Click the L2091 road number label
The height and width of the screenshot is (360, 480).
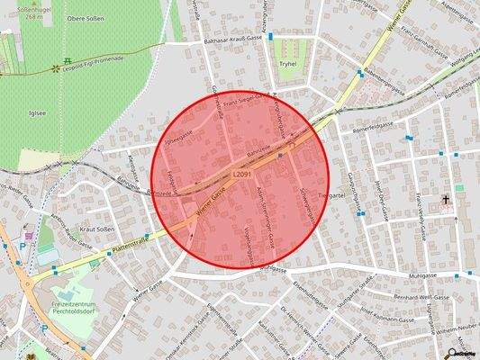click(x=240, y=174)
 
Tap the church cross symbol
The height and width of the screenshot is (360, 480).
click(x=445, y=198)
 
